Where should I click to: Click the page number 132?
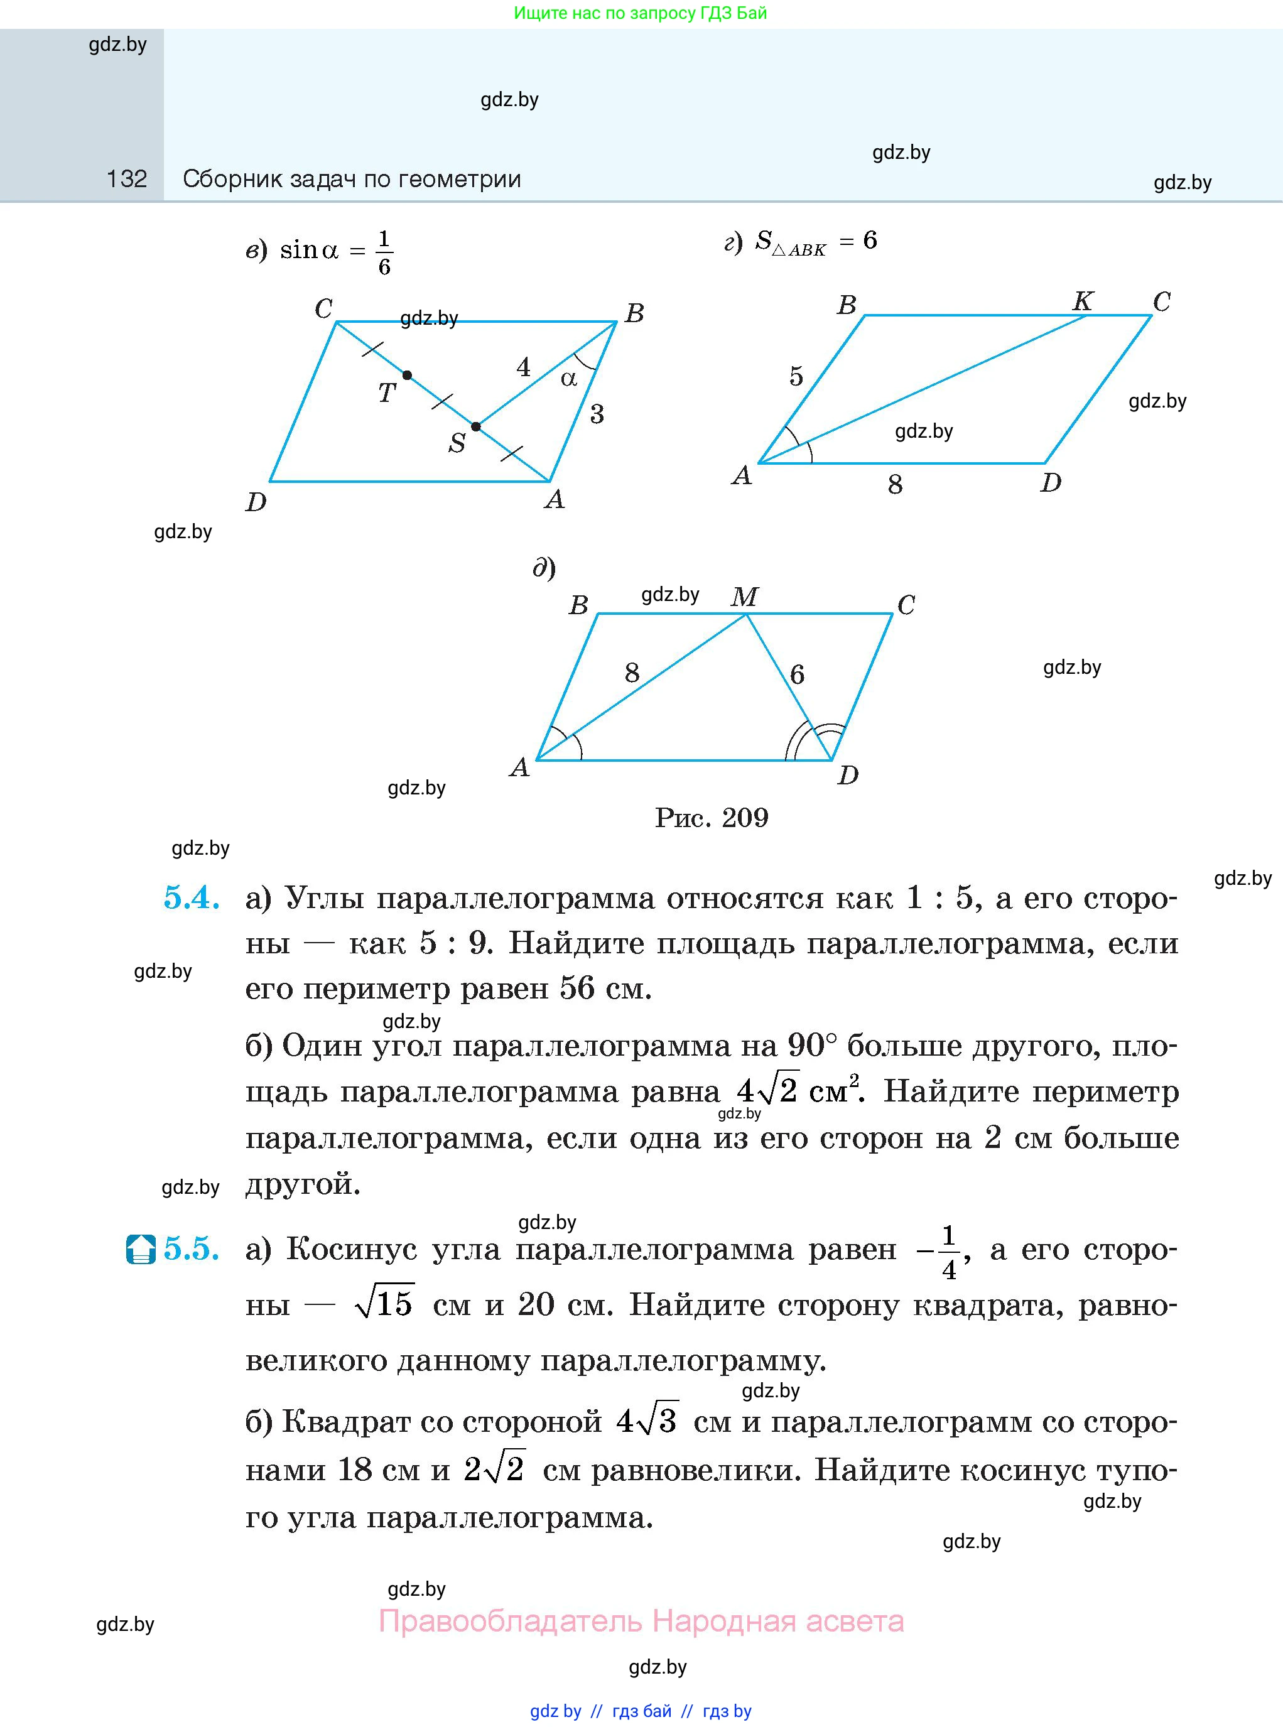click(127, 180)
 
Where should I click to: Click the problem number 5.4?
click(191, 899)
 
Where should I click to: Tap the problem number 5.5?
click(191, 1250)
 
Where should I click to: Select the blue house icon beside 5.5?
click(141, 1250)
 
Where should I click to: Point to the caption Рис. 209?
click(711, 818)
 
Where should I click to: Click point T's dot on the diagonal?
click(407, 375)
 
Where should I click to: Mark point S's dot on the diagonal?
click(476, 426)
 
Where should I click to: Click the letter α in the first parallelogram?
click(568, 378)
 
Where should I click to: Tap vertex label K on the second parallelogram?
click(1083, 301)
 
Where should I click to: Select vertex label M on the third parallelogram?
click(744, 597)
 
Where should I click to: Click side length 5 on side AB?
click(796, 377)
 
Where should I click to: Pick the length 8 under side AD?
click(895, 485)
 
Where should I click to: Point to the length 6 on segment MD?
click(797, 674)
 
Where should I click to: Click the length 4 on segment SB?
click(524, 367)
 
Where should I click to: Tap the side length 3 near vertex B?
click(597, 414)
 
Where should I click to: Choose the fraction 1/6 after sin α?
click(384, 253)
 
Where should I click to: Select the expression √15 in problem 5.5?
click(384, 1304)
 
